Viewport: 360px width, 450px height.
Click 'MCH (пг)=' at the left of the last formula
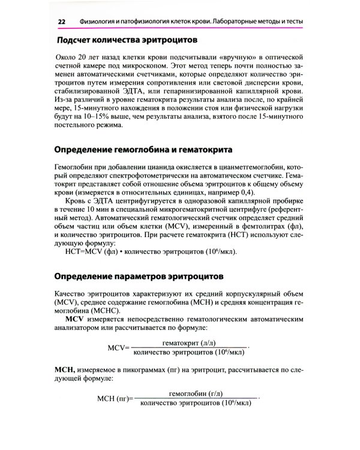tap(115, 399)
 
